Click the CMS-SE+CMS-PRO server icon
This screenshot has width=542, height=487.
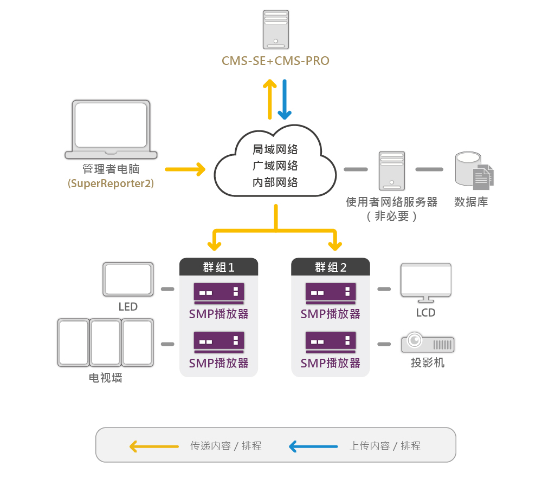(275, 30)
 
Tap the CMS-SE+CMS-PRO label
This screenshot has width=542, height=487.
(275, 61)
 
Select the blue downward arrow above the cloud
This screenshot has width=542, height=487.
(285, 100)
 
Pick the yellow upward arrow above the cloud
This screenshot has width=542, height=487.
(269, 100)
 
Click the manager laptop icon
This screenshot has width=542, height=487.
(111, 129)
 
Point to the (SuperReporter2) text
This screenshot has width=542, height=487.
(111, 183)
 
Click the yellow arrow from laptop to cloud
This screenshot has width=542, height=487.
(185, 169)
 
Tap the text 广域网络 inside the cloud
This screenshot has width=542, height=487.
(275, 166)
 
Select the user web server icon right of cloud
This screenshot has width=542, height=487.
(392, 170)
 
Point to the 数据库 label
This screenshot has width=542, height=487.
(471, 202)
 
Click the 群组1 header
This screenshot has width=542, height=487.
(219, 267)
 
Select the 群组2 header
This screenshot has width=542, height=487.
(331, 267)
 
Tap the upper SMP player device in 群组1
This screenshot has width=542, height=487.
(219, 293)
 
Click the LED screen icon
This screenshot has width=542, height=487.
(128, 279)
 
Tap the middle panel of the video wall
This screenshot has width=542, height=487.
(106, 343)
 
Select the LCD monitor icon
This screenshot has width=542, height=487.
(426, 283)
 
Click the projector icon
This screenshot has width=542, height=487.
(428, 343)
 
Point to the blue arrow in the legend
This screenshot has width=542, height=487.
(313, 446)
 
